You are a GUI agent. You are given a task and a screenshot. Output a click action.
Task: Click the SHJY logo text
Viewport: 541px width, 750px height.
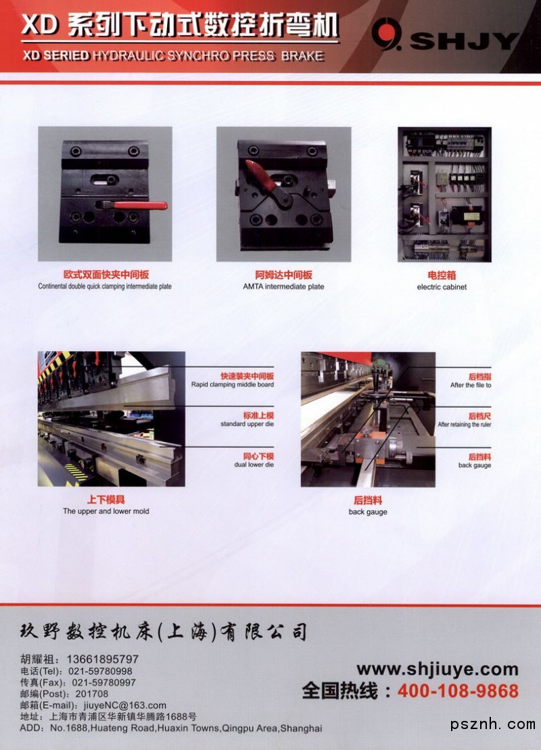click(465, 41)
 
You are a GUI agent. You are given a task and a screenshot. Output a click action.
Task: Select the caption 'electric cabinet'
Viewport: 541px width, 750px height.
click(442, 287)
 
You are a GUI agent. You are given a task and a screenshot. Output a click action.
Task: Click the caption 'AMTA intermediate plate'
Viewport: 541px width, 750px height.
click(283, 287)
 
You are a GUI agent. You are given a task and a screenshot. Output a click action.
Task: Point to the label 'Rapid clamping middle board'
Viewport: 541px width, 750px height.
click(233, 385)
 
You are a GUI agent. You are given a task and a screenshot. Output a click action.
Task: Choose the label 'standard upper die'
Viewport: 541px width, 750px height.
click(247, 424)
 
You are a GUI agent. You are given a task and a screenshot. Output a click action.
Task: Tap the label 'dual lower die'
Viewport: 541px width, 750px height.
click(254, 465)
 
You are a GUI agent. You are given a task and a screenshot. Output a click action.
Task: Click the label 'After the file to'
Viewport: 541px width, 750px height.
click(471, 385)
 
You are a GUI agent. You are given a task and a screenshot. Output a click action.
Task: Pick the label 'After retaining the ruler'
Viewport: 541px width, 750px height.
click(465, 424)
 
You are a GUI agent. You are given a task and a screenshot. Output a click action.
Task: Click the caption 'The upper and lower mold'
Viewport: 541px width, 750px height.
click(105, 511)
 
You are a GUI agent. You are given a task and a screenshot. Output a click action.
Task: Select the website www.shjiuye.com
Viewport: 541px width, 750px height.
click(438, 669)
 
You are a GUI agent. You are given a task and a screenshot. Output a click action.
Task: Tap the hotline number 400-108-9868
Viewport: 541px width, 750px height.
click(458, 691)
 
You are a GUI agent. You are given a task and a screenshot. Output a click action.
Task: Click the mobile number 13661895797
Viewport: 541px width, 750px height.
click(102, 659)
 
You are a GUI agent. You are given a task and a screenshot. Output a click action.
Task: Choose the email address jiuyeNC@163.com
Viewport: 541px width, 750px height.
click(125, 705)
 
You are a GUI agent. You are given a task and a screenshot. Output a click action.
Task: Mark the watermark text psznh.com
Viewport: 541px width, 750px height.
click(493, 725)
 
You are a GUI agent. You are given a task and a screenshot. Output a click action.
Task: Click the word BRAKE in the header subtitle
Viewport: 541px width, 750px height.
click(302, 56)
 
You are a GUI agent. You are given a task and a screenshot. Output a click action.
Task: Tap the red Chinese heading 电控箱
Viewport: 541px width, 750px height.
click(442, 275)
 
